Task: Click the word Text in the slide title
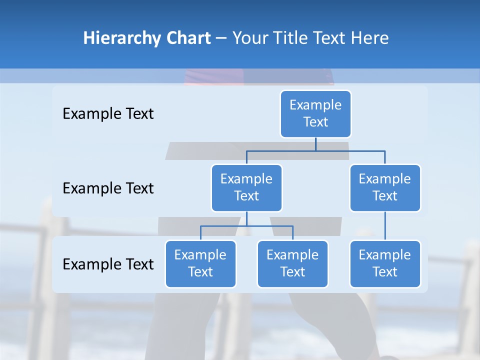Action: (329, 38)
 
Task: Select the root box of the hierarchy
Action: (315, 113)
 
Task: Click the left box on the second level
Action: (246, 187)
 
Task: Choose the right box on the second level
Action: (385, 187)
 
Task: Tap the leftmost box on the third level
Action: (200, 263)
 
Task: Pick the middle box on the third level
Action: (292, 263)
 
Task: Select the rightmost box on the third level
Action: (385, 263)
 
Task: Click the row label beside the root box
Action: (108, 114)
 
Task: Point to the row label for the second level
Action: (108, 188)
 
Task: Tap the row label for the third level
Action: (108, 264)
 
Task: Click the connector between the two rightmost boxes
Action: (385, 226)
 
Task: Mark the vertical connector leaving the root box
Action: (315, 144)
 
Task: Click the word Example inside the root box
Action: (315, 105)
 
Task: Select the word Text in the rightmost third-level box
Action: (385, 272)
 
